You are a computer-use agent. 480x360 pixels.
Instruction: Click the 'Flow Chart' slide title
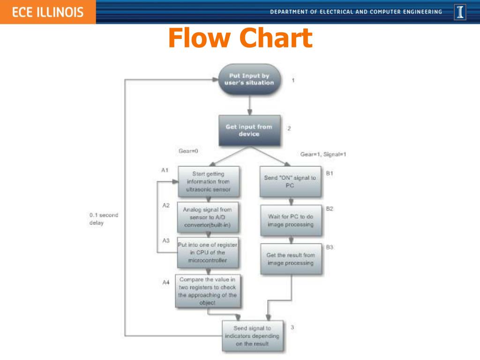coord(240,38)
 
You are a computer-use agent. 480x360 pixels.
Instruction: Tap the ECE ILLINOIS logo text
coord(47,12)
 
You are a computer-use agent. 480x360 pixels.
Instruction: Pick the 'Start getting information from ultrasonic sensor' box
coord(208,182)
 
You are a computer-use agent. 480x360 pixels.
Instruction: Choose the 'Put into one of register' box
coord(207,253)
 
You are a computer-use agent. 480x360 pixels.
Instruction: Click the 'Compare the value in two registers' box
coord(208,291)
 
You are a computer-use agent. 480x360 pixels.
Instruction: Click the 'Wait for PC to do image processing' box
coord(290,220)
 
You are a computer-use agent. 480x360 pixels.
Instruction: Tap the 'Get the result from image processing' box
coord(291,259)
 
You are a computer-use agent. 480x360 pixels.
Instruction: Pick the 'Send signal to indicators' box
coord(252,336)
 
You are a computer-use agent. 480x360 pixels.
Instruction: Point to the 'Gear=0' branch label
coord(188,151)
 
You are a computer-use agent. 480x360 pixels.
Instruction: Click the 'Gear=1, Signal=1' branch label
coord(323,154)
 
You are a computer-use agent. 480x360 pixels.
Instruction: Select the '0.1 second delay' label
coord(104,219)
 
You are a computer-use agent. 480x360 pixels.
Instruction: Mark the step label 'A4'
coord(165,283)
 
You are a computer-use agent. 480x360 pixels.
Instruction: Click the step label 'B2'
coord(330,209)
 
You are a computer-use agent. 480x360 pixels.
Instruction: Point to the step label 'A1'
coord(165,170)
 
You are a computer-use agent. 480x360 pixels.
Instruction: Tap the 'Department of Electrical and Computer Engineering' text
coord(356,12)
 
